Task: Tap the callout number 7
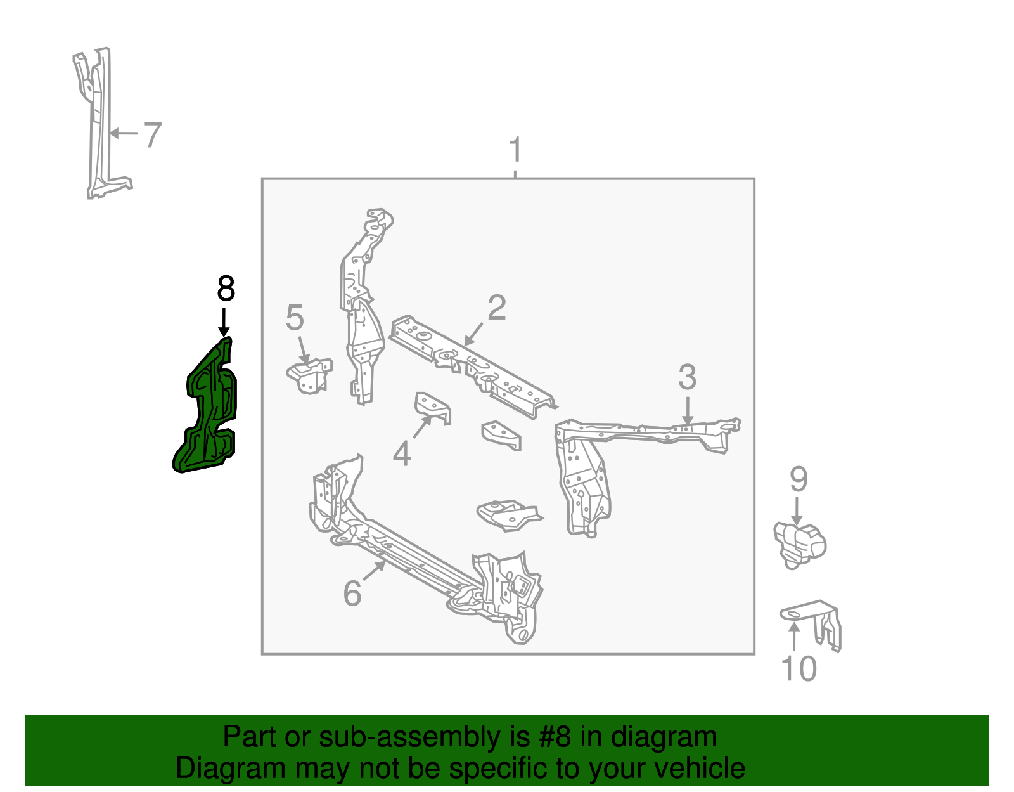pyautogui.click(x=152, y=135)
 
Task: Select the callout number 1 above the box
pyautogui.click(x=515, y=150)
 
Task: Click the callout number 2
pyautogui.click(x=497, y=308)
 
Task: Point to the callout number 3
pyautogui.click(x=687, y=377)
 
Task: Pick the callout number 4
pyautogui.click(x=402, y=454)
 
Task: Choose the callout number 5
pyautogui.click(x=295, y=318)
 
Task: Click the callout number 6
pyautogui.click(x=352, y=594)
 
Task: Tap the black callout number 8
pyautogui.click(x=226, y=289)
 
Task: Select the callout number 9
pyautogui.click(x=799, y=479)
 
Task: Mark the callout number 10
pyautogui.click(x=799, y=669)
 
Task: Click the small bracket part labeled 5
pyautogui.click(x=309, y=376)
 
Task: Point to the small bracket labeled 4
pyautogui.click(x=433, y=407)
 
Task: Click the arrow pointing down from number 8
pyautogui.click(x=223, y=322)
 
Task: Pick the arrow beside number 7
pyautogui.click(x=124, y=133)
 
